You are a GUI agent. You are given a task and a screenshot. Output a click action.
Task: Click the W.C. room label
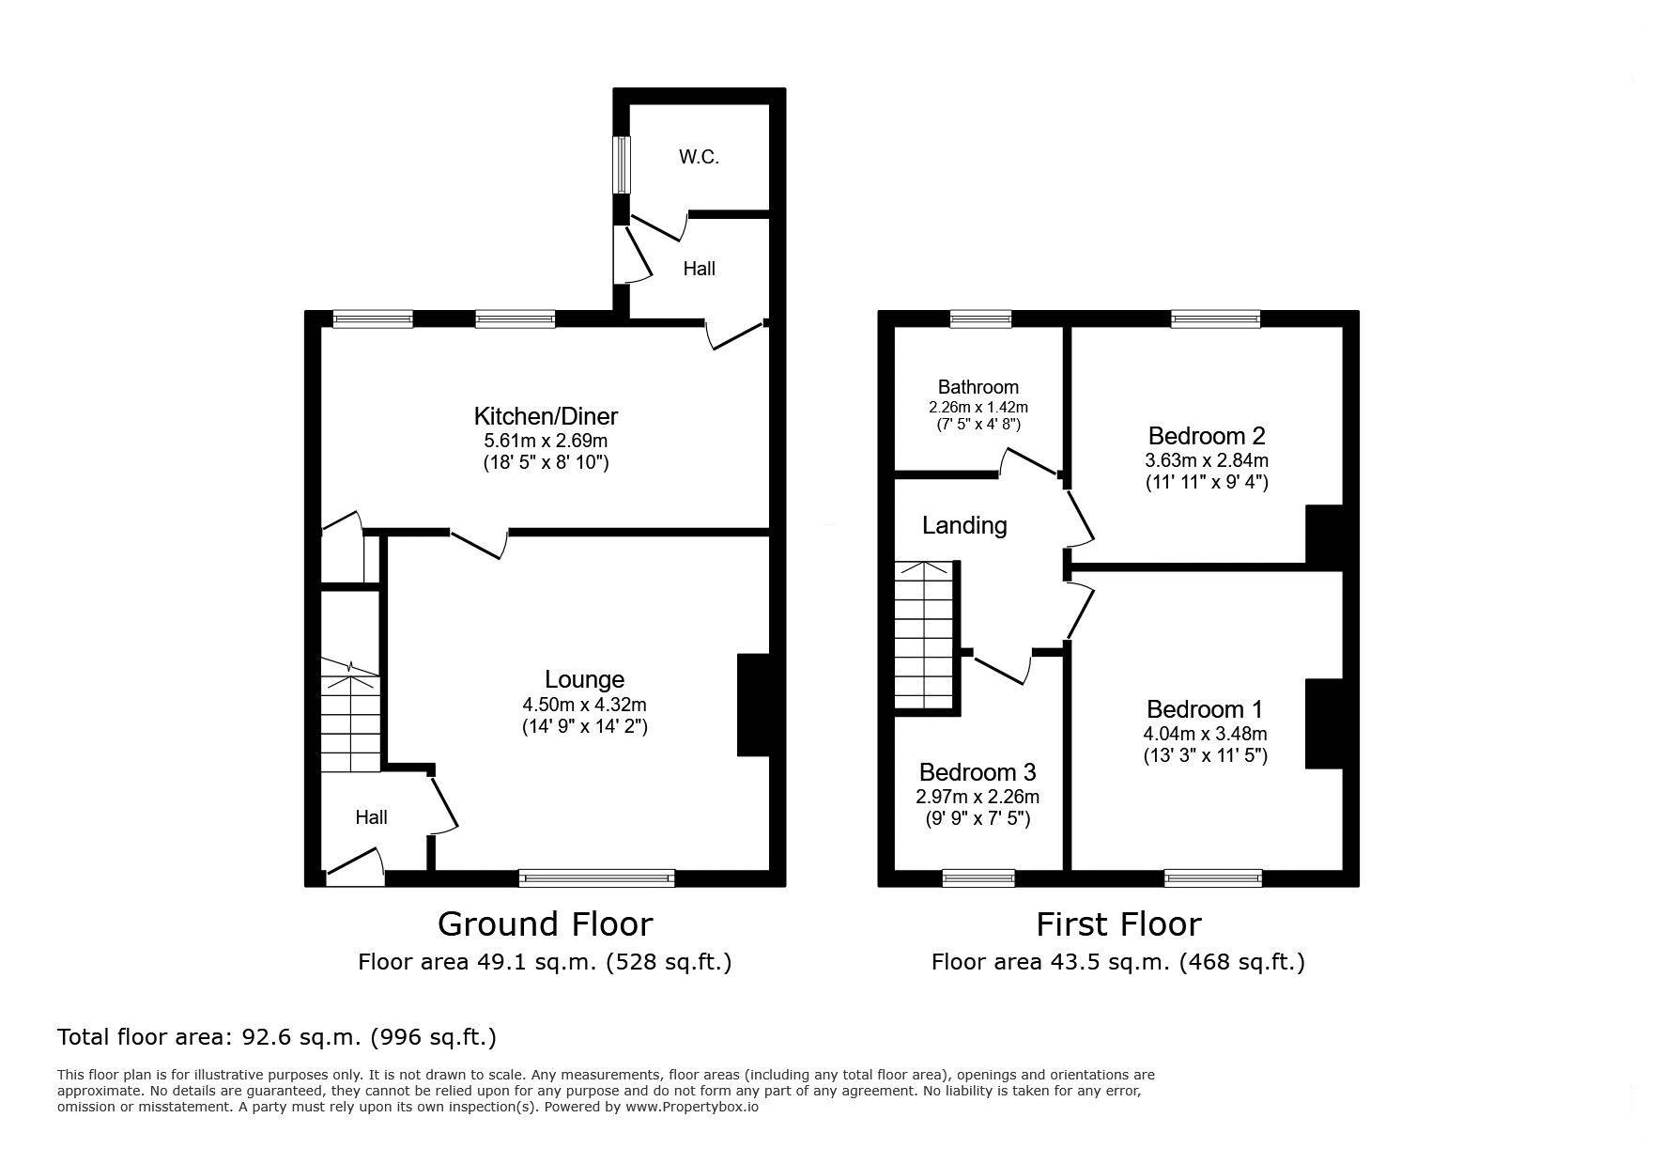pos(699,157)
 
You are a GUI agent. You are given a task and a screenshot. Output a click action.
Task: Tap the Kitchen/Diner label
pos(546,416)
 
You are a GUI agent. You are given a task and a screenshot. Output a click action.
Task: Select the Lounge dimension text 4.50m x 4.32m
pos(584,705)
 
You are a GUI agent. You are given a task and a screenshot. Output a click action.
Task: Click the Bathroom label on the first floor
pos(978,387)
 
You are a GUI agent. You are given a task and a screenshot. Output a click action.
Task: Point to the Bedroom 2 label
pos(1207,436)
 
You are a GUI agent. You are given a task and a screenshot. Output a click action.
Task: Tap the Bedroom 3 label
pos(978,772)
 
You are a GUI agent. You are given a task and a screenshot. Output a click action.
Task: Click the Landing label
pos(964,525)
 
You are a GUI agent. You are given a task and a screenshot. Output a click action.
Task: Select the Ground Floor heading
pos(545,924)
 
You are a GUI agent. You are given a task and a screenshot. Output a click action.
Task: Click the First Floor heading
pos(1118,924)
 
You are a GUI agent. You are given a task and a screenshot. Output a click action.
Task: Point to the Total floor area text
pos(277,1037)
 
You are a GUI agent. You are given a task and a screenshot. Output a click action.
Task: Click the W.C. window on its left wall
pos(622,166)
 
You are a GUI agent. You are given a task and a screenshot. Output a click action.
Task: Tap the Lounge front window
pos(597,877)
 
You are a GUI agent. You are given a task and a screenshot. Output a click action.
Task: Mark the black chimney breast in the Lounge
pos(753,705)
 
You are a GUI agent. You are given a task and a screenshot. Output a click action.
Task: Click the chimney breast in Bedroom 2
pos(1325,535)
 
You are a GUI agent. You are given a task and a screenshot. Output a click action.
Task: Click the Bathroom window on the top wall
pos(980,319)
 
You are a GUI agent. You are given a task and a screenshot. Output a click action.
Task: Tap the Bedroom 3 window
pos(978,877)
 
